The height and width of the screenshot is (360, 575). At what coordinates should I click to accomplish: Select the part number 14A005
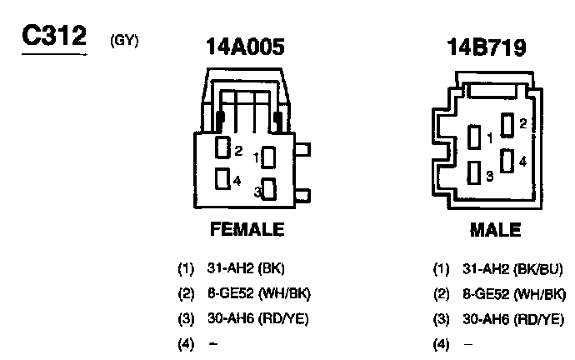245,47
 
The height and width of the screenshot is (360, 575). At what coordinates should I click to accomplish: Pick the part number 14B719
486,47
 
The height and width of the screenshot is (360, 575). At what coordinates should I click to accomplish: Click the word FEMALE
246,229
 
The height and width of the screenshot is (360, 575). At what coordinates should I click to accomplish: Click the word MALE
495,229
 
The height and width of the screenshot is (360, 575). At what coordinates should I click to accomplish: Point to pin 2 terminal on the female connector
222,149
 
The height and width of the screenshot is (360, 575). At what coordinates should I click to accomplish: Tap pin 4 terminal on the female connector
222,178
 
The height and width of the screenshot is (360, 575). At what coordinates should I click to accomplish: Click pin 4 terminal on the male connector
507,162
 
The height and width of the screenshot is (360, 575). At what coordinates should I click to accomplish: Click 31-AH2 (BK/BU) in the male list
512,269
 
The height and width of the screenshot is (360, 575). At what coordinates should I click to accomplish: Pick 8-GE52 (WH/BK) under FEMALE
259,293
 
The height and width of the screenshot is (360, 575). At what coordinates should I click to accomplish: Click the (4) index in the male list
440,342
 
